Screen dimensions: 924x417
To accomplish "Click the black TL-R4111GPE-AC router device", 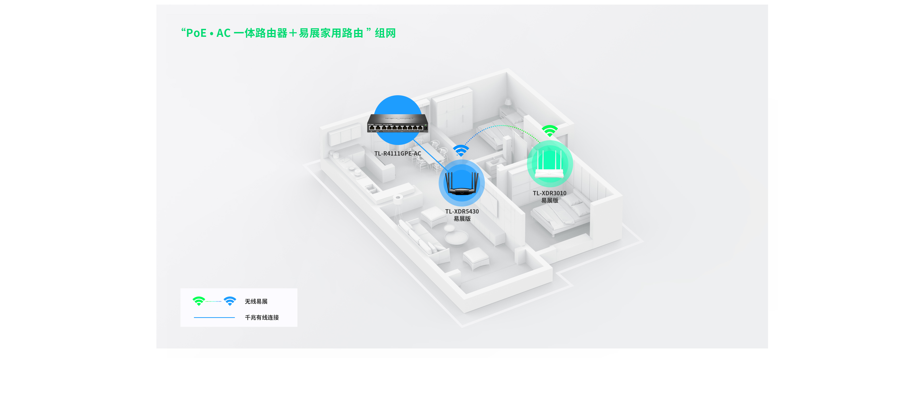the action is tap(398, 123).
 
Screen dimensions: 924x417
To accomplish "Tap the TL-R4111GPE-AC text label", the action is tap(398, 153).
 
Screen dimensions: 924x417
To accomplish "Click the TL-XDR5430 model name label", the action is tap(462, 212).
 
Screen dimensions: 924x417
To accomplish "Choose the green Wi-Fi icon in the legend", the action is tap(199, 301).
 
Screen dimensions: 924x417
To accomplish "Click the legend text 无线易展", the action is tap(256, 302).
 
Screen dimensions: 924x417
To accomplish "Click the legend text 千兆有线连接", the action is tap(262, 317).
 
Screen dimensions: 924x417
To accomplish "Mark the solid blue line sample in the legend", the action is tap(214, 317).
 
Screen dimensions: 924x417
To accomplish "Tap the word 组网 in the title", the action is tap(385, 33).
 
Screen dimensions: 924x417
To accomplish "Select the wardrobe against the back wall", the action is tap(452, 111).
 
